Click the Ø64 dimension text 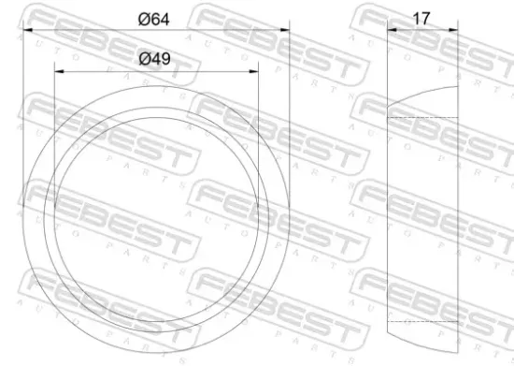154,18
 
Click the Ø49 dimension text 155,58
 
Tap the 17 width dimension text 421,18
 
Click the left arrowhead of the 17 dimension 391,29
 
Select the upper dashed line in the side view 421,117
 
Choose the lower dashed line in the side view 421,321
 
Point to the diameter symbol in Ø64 143,18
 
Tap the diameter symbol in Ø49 144,58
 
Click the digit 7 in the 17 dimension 426,18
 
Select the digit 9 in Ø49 166,58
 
